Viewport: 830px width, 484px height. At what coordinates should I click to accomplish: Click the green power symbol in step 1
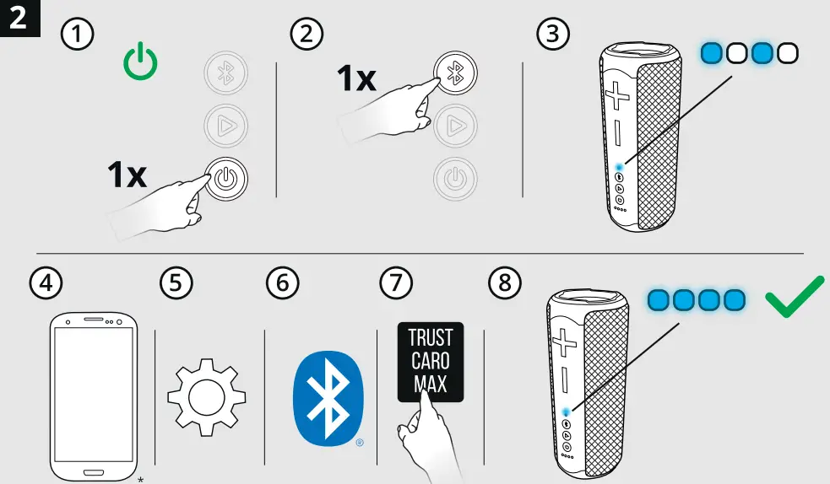coord(140,64)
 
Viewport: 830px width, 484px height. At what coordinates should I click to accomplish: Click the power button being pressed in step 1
coord(225,178)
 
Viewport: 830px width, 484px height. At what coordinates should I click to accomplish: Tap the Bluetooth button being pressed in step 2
coord(455,73)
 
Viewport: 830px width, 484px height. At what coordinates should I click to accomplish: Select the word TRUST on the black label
coord(431,339)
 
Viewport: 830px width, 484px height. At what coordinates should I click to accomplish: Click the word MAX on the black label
coord(431,387)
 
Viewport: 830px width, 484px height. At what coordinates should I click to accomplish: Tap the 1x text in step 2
coord(356,78)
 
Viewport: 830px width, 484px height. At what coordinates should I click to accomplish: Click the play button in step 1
coord(225,126)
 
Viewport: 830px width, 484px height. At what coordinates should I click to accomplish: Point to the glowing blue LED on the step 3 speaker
coord(619,166)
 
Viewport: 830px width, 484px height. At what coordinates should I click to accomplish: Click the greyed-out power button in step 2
coord(455,178)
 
